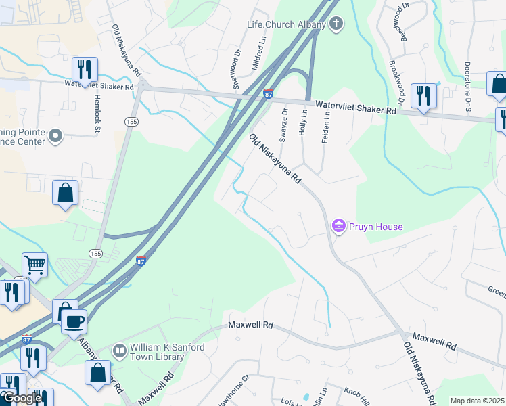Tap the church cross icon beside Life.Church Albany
[x=336, y=25]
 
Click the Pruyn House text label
[x=375, y=227]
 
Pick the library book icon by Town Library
[x=119, y=350]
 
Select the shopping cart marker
[x=34, y=264]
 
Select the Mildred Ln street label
[x=260, y=53]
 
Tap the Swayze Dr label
[x=285, y=125]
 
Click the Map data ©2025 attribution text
[x=476, y=401]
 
